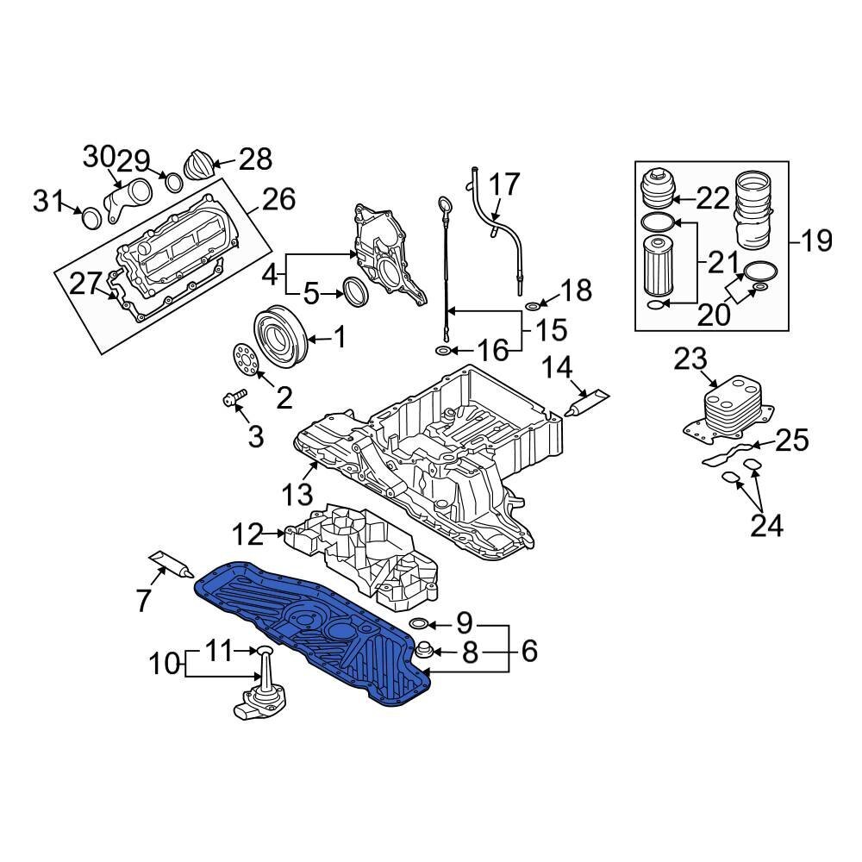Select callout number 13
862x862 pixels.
pyautogui.click(x=298, y=495)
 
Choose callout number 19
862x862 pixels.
pyautogui.click(x=815, y=240)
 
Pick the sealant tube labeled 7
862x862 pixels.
pyautogui.click(x=171, y=564)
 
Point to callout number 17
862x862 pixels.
pyautogui.click(x=506, y=184)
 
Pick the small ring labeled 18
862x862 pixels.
pyautogui.click(x=533, y=307)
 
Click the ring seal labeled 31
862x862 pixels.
pyautogui.click(x=91, y=219)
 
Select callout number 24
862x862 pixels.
pyautogui.click(x=766, y=523)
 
